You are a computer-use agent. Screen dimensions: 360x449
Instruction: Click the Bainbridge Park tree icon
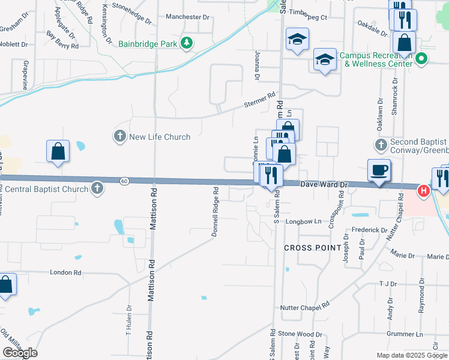pyautogui.click(x=187, y=43)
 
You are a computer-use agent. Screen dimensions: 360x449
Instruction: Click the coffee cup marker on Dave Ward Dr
pyautogui.click(x=379, y=170)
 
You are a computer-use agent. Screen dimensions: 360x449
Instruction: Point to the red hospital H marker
pyautogui.click(x=423, y=191)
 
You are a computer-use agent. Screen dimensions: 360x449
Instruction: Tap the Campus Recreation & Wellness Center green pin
pyautogui.click(x=421, y=59)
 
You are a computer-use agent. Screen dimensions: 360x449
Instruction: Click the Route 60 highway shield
pyautogui.click(x=124, y=181)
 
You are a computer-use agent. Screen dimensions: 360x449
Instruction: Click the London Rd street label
pyautogui.click(x=65, y=272)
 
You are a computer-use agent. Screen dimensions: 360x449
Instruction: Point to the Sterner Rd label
pyautogui.click(x=259, y=100)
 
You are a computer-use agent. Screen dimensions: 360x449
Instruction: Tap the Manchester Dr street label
pyautogui.click(x=187, y=17)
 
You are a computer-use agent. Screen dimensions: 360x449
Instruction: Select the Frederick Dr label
pyautogui.click(x=370, y=230)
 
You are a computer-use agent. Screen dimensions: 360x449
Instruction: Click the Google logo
pyautogui.click(x=20, y=353)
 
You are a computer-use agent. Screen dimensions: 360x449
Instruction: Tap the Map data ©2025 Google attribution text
pyautogui.click(x=412, y=355)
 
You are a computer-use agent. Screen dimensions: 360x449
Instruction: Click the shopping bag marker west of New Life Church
pyautogui.click(x=58, y=151)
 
